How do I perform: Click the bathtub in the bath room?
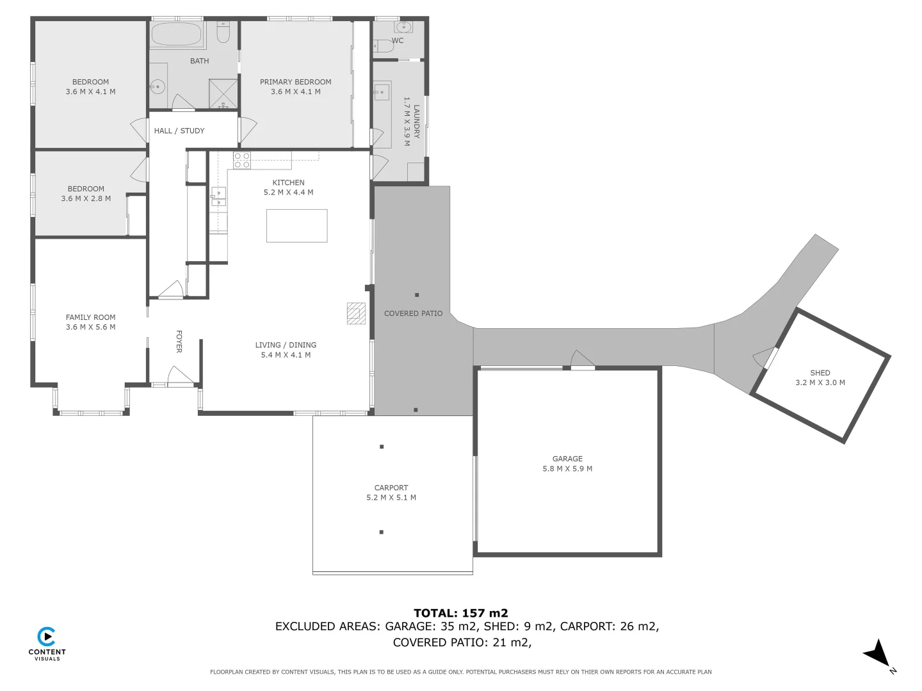point(177,33)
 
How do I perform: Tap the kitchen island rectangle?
point(296,226)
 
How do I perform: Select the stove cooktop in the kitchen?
point(242,160)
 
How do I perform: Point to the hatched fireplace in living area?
point(356,313)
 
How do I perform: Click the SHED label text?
point(820,372)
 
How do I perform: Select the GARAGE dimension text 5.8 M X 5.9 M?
point(567,468)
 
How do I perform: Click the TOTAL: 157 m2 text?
point(460,613)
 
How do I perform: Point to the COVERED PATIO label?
point(413,314)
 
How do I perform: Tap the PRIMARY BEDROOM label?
point(295,82)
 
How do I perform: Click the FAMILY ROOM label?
point(90,317)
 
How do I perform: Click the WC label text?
point(398,40)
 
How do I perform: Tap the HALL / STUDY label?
point(179,131)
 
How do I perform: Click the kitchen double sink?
point(218,196)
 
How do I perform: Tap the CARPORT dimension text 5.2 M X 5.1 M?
point(391,497)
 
